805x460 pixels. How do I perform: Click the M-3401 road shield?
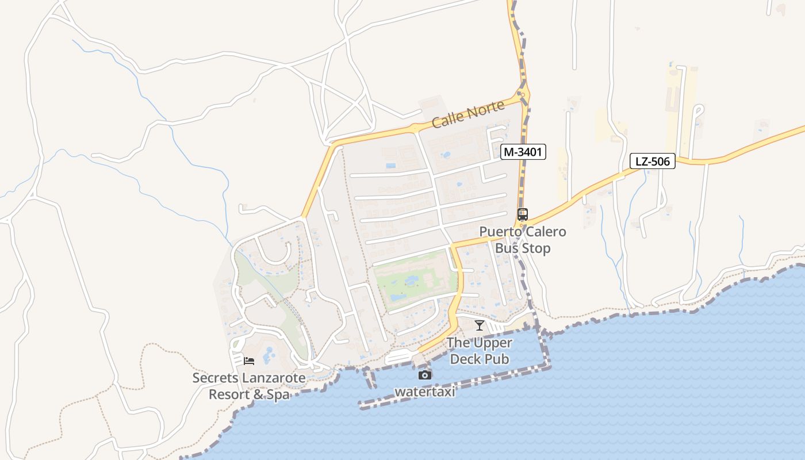[x=523, y=152]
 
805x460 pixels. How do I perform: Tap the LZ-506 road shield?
[x=653, y=162]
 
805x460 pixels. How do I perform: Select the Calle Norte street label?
[x=468, y=114]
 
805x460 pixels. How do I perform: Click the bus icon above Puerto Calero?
[x=523, y=214]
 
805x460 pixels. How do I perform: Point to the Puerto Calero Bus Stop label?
[x=523, y=240]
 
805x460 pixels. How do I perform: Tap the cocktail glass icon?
[x=480, y=325]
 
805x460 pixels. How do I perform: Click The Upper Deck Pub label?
[x=480, y=351]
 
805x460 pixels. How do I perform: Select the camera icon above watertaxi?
[x=425, y=375]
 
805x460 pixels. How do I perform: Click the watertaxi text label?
[x=425, y=392]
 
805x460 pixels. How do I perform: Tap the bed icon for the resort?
[x=249, y=361]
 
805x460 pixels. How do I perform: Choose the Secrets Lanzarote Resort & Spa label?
[x=249, y=386]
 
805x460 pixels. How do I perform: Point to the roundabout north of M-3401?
[x=522, y=94]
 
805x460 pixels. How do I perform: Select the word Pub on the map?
[x=497, y=359]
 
